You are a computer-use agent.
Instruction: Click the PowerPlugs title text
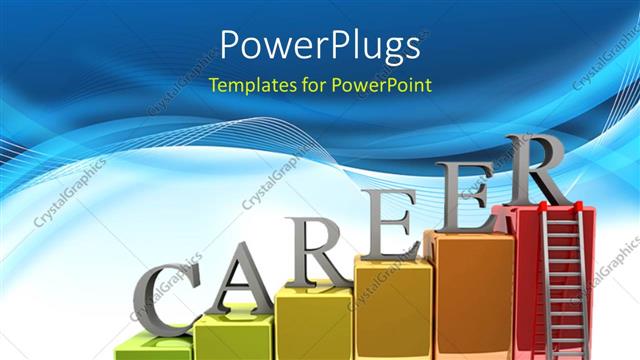[x=319, y=46]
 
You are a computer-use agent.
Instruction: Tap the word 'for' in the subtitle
[x=311, y=85]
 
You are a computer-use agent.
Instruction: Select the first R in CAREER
[x=310, y=249]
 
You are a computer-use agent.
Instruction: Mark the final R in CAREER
[x=535, y=172]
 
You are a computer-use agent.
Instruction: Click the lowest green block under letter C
[x=150, y=350]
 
